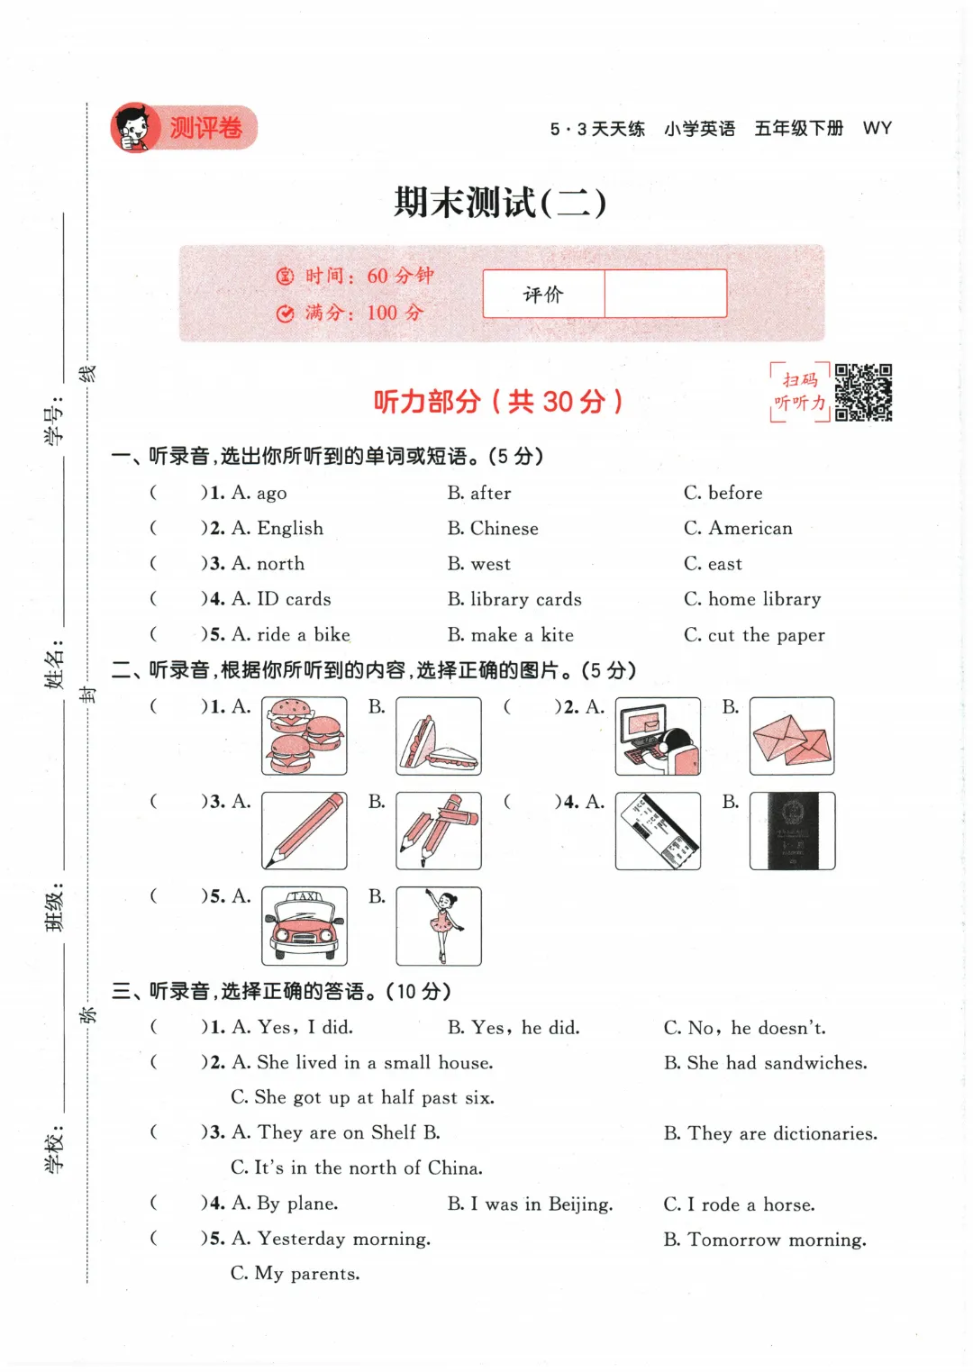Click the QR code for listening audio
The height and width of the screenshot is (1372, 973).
click(863, 393)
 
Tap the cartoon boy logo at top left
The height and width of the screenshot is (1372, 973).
click(134, 128)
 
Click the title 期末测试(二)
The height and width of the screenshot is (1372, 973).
click(500, 202)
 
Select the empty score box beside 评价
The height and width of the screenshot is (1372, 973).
click(665, 294)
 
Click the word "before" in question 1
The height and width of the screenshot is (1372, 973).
click(734, 493)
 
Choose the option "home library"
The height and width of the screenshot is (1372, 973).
click(764, 599)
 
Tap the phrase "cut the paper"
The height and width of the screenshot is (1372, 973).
click(766, 635)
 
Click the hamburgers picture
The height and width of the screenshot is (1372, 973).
click(305, 736)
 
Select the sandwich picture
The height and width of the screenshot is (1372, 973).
click(439, 736)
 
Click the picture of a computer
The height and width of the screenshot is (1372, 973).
click(658, 736)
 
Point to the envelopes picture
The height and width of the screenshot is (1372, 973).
click(792, 736)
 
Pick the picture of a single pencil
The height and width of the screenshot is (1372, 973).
click(305, 831)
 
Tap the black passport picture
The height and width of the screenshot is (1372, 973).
click(792, 831)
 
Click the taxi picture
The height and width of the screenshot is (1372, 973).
click(305, 926)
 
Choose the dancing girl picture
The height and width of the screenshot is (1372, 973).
click(439, 926)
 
